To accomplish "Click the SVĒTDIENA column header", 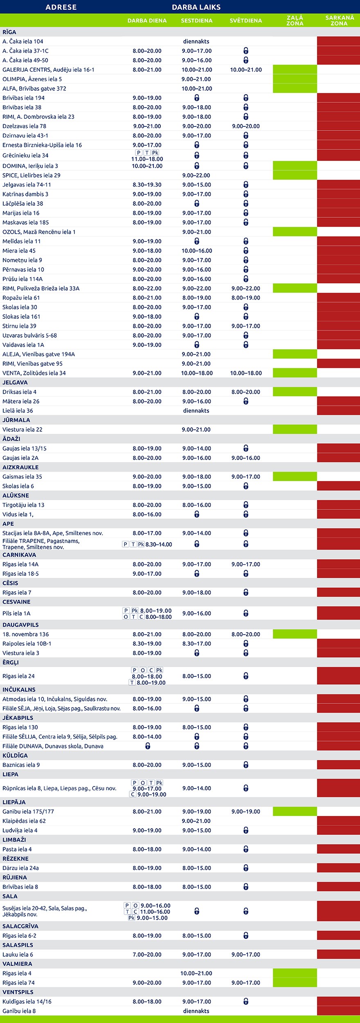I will (x=245, y=20).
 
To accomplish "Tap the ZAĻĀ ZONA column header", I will (x=295, y=20).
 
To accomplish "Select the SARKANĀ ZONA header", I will (x=339, y=20).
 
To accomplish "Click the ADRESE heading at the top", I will (x=61, y=7).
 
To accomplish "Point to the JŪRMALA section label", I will (x=16, y=420).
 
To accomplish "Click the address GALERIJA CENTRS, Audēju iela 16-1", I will (x=48, y=70).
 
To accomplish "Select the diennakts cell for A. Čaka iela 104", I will (x=196, y=41).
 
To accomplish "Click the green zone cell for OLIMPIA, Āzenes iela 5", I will (x=295, y=79).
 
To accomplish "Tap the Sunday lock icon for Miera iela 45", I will (x=246, y=251).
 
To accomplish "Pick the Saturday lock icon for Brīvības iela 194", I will (x=197, y=98).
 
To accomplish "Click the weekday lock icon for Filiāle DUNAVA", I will (x=148, y=746).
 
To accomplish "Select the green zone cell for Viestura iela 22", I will (x=295, y=429).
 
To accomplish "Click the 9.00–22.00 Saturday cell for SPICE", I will (x=196, y=175).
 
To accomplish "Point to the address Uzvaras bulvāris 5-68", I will (x=29, y=336).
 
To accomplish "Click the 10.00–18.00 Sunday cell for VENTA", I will (x=245, y=373).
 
